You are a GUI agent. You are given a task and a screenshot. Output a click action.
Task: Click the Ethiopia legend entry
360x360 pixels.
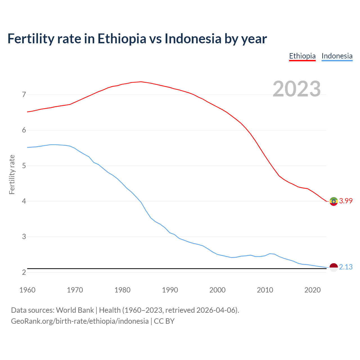[302, 56]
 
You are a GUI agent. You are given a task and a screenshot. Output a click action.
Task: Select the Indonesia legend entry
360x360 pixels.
[337, 56]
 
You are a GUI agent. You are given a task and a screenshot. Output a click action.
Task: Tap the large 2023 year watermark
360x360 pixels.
[297, 89]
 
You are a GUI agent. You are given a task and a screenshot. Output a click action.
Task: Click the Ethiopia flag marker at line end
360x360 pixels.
[334, 201]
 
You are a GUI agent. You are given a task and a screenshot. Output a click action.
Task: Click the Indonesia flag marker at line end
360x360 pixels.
[334, 267]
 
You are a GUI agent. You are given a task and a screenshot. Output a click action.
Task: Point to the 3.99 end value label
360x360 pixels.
[346, 201]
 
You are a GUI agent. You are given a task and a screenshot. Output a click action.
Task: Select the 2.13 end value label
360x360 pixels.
[346, 267]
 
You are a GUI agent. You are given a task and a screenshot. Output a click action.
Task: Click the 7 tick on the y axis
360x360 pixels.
[24, 95]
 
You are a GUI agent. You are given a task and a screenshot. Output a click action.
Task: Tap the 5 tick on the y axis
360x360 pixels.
[24, 166]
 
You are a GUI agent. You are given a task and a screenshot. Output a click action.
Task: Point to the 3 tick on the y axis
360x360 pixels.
[24, 237]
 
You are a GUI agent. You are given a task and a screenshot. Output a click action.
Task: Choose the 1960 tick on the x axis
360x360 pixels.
[27, 290]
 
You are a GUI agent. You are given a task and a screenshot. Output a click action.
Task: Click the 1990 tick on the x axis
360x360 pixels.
[170, 290]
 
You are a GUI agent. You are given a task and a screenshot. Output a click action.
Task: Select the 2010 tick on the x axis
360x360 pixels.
[265, 290]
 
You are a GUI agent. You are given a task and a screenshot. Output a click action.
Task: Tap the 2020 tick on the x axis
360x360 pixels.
[312, 290]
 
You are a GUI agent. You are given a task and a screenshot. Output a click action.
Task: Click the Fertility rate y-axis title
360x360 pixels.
[12, 174]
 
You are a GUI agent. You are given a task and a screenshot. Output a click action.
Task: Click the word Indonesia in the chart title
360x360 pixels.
[193, 39]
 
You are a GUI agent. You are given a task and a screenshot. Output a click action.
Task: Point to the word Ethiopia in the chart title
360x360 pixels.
[122, 39]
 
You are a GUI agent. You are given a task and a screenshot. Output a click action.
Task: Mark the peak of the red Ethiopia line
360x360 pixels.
[141, 82]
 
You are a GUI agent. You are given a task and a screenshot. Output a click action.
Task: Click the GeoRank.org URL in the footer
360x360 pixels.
[80, 321]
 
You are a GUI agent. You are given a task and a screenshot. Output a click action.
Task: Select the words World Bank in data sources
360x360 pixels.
[75, 310]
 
